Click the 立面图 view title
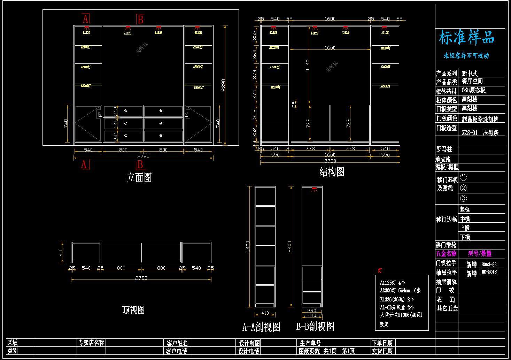click(139, 177)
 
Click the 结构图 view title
click(332, 171)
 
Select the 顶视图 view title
click(133, 310)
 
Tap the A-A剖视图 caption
click(261, 327)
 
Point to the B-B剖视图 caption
click(315, 326)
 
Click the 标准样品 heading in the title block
click(466, 38)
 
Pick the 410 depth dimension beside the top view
click(61, 252)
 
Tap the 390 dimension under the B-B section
click(312, 311)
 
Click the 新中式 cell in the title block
click(470, 73)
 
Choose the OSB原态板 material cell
click(473, 90)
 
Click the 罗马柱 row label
click(444, 149)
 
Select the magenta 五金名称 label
click(446, 254)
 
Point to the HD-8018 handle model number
click(489, 272)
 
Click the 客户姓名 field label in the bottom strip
click(177, 343)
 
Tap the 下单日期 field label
click(382, 343)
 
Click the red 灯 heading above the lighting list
click(380, 270)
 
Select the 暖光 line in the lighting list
click(384, 324)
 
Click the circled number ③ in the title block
click(463, 198)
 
